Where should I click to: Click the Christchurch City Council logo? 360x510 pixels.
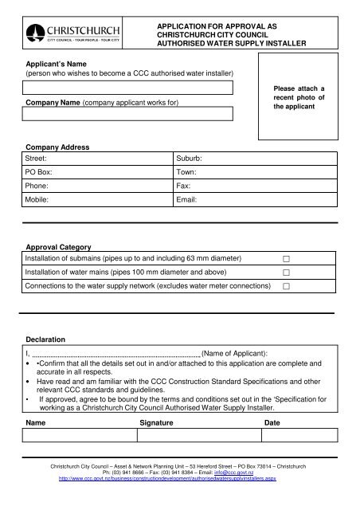tap(73, 33)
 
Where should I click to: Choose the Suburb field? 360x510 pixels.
tap(255, 159)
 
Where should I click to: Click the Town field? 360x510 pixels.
tap(255, 172)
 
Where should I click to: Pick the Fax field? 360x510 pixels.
tap(255, 186)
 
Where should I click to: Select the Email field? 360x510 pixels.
tap(255, 200)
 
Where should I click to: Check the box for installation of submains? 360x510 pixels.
tap(285, 259)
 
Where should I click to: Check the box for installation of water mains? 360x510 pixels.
tap(285, 273)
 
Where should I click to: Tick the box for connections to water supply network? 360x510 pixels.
tap(285, 286)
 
